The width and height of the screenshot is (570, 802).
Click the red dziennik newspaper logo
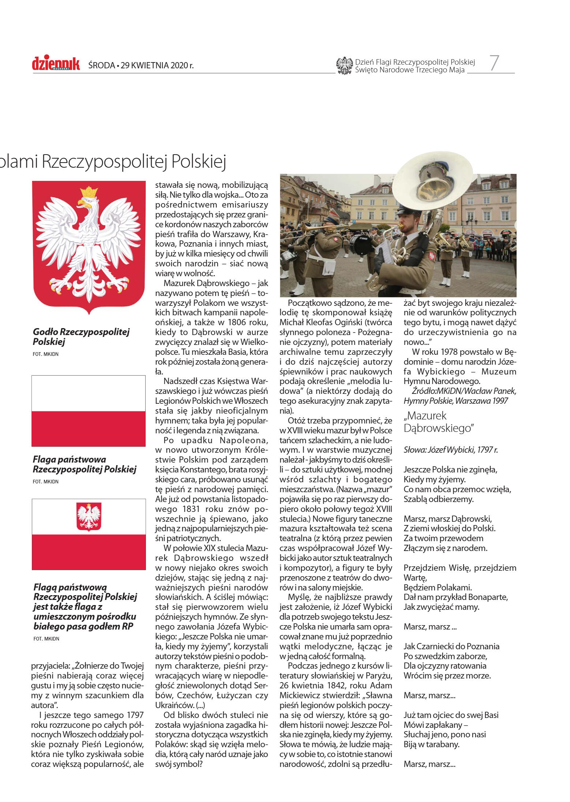pyautogui.click(x=56, y=64)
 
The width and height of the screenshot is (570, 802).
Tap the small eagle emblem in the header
pyautogui.click(x=344, y=66)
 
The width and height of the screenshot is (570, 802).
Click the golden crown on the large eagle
pyautogui.click(x=89, y=192)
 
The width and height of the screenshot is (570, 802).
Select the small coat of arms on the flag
pyautogui.click(x=89, y=516)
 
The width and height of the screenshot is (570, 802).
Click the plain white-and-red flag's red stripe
pyautogui.click(x=89, y=429)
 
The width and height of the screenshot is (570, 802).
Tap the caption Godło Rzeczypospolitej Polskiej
pyautogui.click(x=81, y=337)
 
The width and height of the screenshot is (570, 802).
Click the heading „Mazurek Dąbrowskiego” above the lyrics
pyautogui.click(x=438, y=422)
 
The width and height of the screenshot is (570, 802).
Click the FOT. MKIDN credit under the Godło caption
pyautogui.click(x=45, y=354)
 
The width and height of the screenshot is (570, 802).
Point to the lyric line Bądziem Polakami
pyautogui.click(x=438, y=588)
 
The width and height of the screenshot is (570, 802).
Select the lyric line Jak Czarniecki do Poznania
pyautogui.click(x=451, y=646)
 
